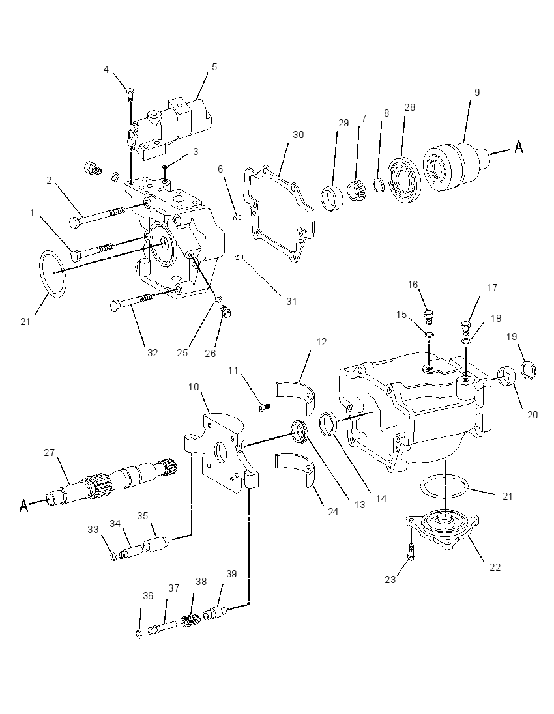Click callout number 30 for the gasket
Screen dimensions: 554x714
coord(298,135)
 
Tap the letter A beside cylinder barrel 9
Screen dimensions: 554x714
coord(518,147)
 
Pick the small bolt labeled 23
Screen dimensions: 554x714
coord(411,552)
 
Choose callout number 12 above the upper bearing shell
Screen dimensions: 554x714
coord(322,341)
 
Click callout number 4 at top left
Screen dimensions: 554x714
coord(106,69)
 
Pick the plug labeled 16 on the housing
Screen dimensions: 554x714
coord(428,315)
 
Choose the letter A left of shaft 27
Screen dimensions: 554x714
coord(24,505)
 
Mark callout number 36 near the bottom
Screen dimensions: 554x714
coord(148,595)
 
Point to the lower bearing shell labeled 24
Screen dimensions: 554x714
coord(295,471)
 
